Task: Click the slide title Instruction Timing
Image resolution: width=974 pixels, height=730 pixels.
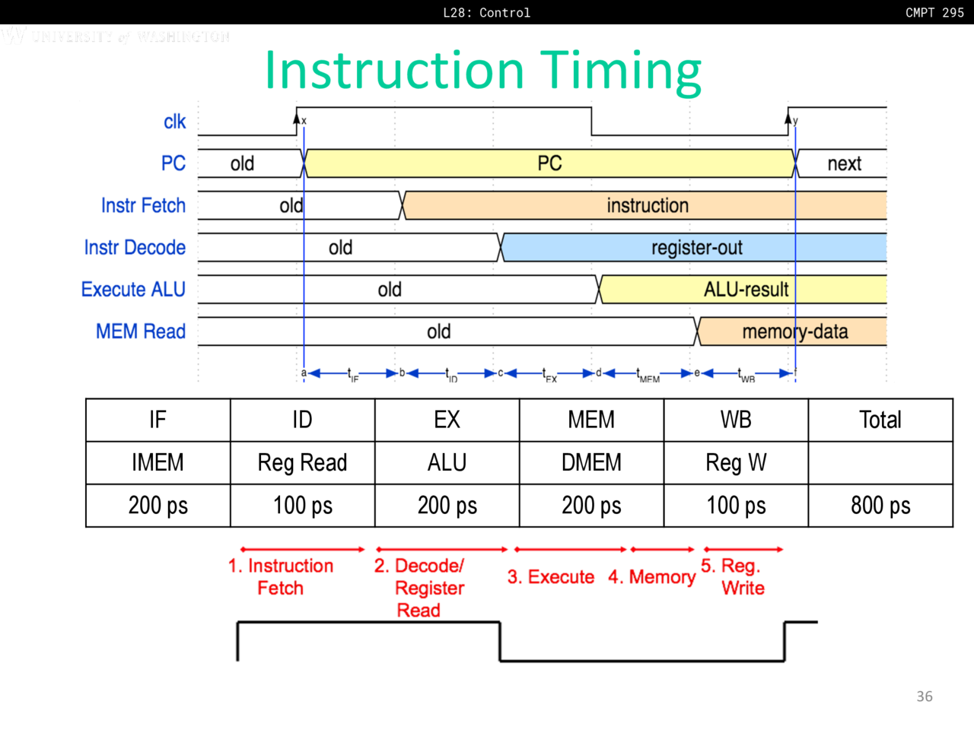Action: (482, 71)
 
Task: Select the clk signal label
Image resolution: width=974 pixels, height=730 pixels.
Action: (174, 122)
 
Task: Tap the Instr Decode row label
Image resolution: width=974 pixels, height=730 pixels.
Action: (135, 247)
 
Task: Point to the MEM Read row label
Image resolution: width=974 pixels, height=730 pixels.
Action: (141, 332)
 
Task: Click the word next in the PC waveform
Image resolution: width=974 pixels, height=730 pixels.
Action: (844, 163)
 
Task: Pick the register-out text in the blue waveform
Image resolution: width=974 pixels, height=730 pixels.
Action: (696, 247)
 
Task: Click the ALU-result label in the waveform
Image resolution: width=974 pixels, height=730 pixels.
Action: (746, 290)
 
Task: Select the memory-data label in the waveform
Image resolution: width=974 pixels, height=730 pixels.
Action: (794, 332)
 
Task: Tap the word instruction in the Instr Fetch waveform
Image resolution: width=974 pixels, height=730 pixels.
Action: (648, 205)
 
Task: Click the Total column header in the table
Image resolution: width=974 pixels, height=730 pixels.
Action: (880, 420)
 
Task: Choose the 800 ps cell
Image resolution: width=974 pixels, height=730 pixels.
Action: (880, 506)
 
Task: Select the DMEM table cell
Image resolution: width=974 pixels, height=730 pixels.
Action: (591, 462)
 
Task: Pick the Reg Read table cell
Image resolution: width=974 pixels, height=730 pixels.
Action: (302, 462)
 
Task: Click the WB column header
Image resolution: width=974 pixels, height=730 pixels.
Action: (736, 420)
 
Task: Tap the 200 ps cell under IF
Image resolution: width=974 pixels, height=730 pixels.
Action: (158, 506)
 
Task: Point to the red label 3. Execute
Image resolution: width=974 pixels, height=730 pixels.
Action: (551, 577)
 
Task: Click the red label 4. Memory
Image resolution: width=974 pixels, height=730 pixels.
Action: (651, 577)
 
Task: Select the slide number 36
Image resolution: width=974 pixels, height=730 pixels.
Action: (924, 697)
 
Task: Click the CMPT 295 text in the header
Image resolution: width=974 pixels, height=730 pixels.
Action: (934, 12)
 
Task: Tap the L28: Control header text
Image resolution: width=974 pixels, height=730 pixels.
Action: (486, 12)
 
